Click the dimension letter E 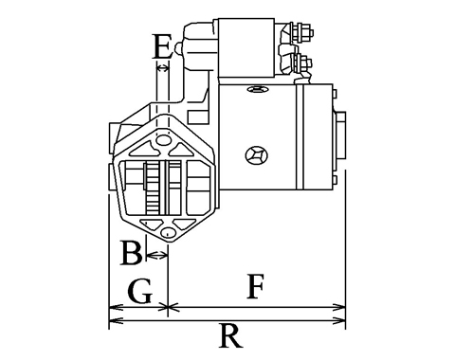(x=162, y=46)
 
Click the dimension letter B (x=132, y=253)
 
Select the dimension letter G (x=140, y=291)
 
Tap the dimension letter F (x=255, y=286)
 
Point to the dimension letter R (x=230, y=336)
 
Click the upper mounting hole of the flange (x=163, y=139)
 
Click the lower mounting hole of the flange (x=168, y=232)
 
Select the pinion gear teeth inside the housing (x=153, y=188)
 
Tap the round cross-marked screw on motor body (x=257, y=155)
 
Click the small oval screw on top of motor (x=257, y=89)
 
